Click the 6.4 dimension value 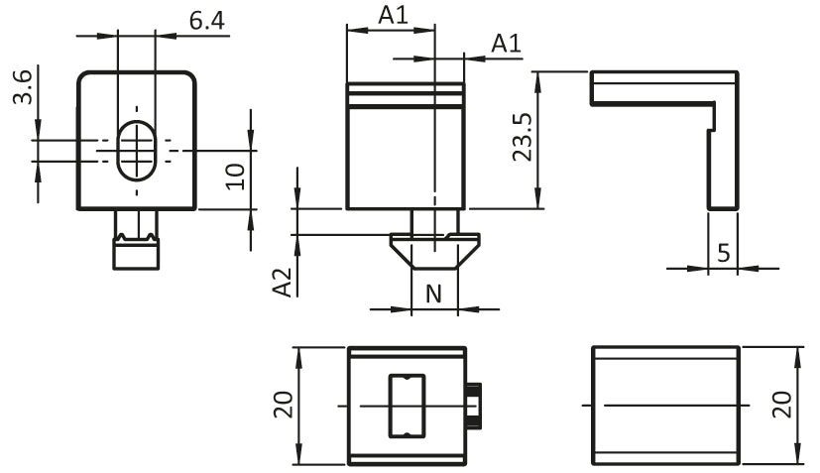coord(207,21)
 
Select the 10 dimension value coord(235,177)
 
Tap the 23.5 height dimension coord(522,137)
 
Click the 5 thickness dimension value coord(723,253)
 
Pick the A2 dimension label coord(283,283)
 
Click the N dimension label coord(433,295)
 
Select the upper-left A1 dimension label coord(394,15)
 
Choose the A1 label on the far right coord(507,43)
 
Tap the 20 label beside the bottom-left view coord(284,405)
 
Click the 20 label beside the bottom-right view coord(783,405)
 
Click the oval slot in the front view coord(137,150)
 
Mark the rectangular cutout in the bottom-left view coord(407,406)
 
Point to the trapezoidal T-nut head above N coord(434,251)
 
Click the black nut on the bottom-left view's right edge coord(473,406)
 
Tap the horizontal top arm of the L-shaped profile coord(664,88)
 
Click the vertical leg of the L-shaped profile coord(723,157)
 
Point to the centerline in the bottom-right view coord(665,405)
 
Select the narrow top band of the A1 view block coord(406,88)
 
